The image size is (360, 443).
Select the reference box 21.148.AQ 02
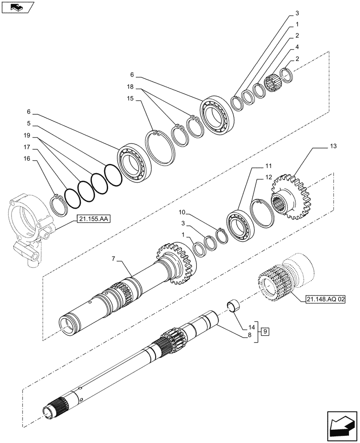[x=325, y=300]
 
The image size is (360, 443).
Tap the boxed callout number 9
[x=264, y=331]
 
